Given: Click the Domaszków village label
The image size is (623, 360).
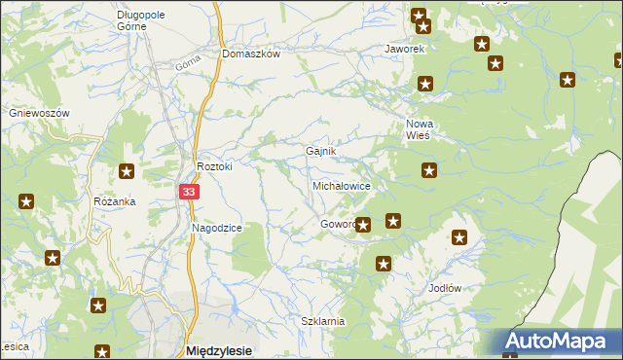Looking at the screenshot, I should tap(251, 54).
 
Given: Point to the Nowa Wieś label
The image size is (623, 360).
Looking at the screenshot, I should tap(420, 129).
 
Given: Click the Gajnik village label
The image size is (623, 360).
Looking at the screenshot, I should tap(321, 152).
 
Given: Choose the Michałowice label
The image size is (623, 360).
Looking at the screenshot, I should tap(341, 185).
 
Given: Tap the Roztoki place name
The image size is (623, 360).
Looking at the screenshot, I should tap(215, 166).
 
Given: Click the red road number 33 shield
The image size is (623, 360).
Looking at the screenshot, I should tap(190, 193).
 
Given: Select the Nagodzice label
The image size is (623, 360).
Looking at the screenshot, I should tap(216, 227).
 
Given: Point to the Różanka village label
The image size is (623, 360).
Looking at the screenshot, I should tap(115, 201).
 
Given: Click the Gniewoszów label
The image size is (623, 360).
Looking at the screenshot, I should tap(40, 113).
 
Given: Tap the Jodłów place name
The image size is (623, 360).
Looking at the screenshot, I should tap(444, 289).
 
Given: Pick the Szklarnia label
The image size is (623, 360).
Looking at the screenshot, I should tap(323, 320).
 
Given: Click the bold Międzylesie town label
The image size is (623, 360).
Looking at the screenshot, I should tap(219, 350).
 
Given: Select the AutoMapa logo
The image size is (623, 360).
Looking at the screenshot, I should tap(562, 342).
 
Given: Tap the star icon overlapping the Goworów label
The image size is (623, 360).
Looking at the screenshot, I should tap(363, 226).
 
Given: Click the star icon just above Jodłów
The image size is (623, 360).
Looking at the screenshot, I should tap(459, 237).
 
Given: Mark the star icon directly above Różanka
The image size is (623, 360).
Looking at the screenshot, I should tap(127, 171).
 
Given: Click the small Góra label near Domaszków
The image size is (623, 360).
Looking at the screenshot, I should tap(188, 63).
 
